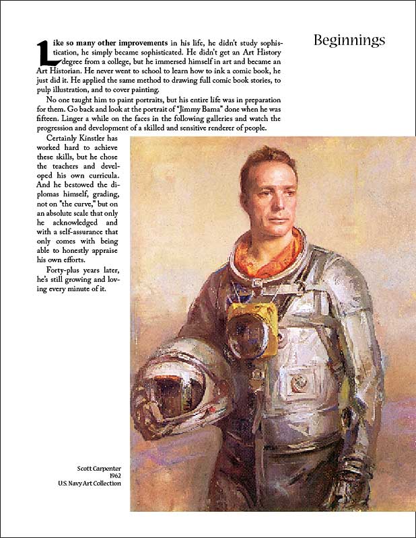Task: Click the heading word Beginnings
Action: pyautogui.click(x=349, y=40)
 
